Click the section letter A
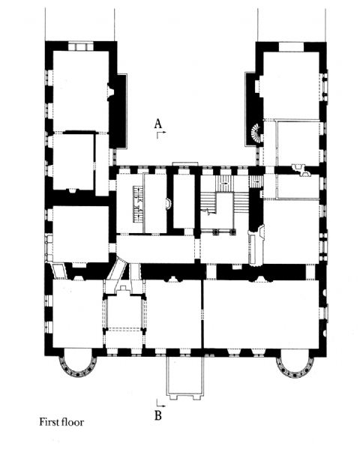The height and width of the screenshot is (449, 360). [158, 124]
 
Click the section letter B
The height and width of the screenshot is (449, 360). [158, 415]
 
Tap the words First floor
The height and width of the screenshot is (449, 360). [61, 422]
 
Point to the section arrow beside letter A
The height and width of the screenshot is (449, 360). [160, 135]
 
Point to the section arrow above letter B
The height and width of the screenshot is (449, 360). [160, 403]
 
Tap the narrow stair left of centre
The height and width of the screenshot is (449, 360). [138, 204]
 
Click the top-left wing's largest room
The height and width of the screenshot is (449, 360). [80, 91]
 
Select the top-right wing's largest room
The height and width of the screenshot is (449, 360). [289, 85]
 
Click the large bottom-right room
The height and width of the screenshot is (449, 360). [261, 314]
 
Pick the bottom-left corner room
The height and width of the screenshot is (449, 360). [78, 314]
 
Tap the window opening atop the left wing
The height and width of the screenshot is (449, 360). [81, 46]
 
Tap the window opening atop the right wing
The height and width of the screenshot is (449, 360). [291, 47]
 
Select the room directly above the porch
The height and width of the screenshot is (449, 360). [174, 314]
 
